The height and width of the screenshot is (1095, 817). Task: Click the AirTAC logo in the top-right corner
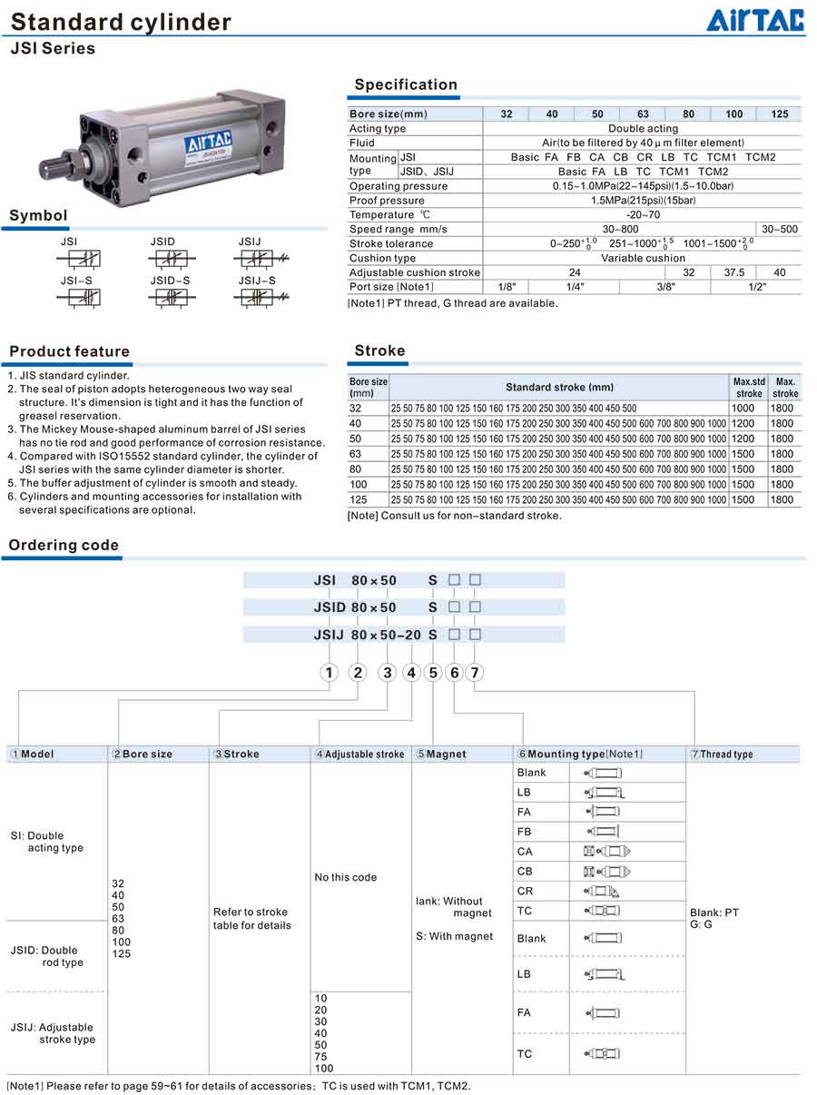(x=755, y=20)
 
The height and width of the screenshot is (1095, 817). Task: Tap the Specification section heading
(x=406, y=84)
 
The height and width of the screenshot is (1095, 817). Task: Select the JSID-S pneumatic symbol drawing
(x=171, y=297)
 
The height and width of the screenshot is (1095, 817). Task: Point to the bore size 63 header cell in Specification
(x=643, y=114)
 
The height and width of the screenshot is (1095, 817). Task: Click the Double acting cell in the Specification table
(x=643, y=129)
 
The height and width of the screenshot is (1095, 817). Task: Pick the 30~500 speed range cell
(x=780, y=229)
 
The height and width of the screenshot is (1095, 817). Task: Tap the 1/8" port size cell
(x=506, y=287)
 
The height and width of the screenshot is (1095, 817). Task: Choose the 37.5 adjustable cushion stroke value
(x=733, y=272)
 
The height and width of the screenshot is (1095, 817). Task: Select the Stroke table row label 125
(x=359, y=499)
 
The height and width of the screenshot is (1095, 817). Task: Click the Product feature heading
(x=70, y=351)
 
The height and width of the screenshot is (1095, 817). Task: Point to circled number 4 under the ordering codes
(x=411, y=673)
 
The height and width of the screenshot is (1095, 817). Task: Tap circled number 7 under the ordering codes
(x=474, y=673)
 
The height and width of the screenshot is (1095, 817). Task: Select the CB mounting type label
(x=525, y=871)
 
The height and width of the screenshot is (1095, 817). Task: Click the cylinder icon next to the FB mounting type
(x=603, y=831)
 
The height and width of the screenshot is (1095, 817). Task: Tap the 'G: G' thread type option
(x=701, y=924)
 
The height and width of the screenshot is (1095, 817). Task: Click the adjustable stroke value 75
(x=320, y=1057)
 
